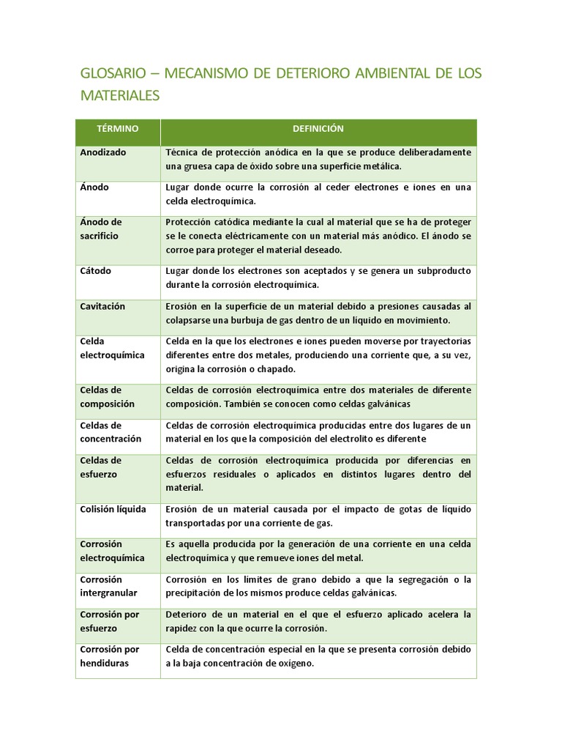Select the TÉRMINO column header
click(x=117, y=129)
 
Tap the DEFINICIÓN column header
click(x=318, y=129)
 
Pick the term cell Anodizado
click(x=103, y=152)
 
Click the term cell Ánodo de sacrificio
click(x=101, y=229)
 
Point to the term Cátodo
click(x=96, y=271)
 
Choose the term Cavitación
click(x=102, y=306)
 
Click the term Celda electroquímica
click(x=112, y=349)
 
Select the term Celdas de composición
click(x=107, y=397)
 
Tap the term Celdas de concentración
click(x=110, y=432)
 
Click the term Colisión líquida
click(x=113, y=509)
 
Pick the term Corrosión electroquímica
click(x=111, y=551)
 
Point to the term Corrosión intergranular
click(x=108, y=586)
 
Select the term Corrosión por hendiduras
click(x=109, y=656)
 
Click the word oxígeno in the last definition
click(x=296, y=664)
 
